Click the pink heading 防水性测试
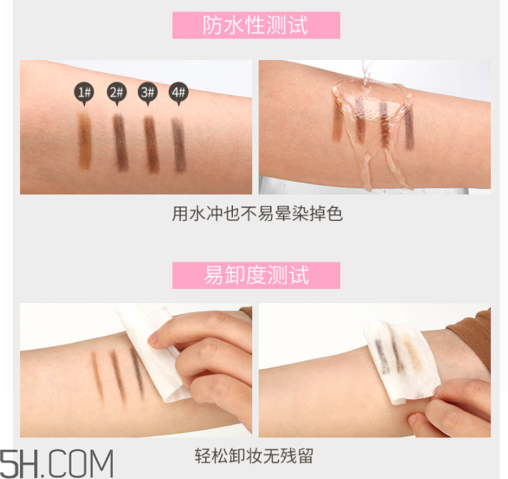click(x=256, y=26)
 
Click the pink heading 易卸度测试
click(x=256, y=275)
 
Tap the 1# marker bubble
click(x=85, y=92)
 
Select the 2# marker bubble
click(x=116, y=92)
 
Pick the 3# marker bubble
click(x=147, y=92)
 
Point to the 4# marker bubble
click(x=178, y=92)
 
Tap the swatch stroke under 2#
click(x=119, y=142)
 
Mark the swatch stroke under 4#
click(x=179, y=142)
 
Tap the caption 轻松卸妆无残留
click(x=254, y=455)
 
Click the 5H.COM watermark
click(x=57, y=463)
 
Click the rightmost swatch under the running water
click(x=409, y=129)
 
